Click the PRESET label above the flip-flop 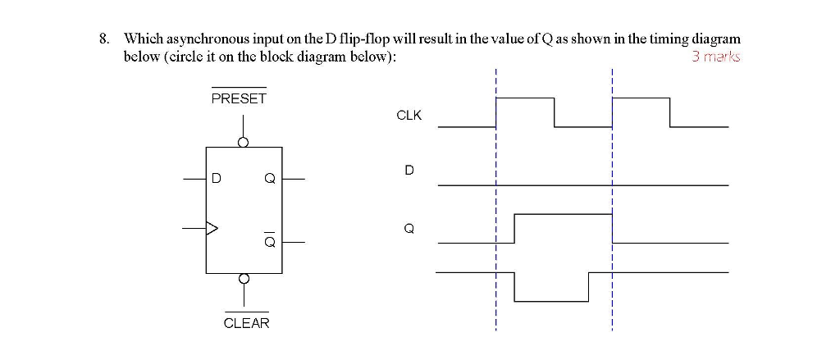[x=239, y=98]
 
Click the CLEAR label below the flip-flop [x=246, y=323]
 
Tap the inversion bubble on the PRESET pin [x=243, y=142]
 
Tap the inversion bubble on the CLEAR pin [x=243, y=278]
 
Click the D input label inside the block [x=217, y=177]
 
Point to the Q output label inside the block [x=268, y=178]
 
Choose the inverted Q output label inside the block [x=268, y=241]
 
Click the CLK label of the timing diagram [x=409, y=116]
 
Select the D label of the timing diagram [x=409, y=171]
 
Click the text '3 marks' [x=715, y=57]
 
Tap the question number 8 [x=103, y=39]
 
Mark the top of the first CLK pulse [x=525, y=98]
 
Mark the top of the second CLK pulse [x=641, y=98]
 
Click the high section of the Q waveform [x=563, y=214]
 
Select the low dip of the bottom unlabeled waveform [x=550, y=301]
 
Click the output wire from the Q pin [x=294, y=178]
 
